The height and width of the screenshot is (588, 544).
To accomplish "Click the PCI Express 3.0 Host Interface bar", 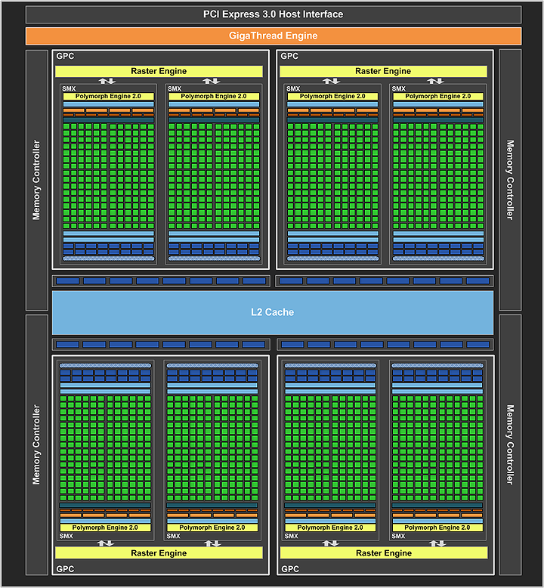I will click(273, 14).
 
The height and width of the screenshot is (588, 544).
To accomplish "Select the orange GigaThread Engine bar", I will click(273, 36).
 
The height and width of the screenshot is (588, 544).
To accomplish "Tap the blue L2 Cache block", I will click(273, 312).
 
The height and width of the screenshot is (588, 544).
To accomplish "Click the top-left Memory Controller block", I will click(36, 180).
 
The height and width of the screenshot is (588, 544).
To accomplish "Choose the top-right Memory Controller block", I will click(509, 180).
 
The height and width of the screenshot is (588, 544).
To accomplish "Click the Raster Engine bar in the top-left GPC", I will click(159, 71).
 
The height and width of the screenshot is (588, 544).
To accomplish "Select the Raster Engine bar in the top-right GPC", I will click(383, 71).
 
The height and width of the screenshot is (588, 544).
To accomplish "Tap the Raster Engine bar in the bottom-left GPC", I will click(159, 553).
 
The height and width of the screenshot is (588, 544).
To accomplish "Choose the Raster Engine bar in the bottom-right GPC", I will click(383, 553).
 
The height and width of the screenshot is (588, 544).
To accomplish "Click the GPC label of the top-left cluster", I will click(65, 56).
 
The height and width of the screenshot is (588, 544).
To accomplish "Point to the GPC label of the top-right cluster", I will click(289, 56).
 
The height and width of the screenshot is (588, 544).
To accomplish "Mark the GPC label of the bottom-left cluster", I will click(65, 569).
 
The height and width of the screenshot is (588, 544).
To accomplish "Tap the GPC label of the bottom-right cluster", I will click(289, 569).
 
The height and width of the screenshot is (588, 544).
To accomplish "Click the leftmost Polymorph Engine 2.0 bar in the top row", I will click(108, 96).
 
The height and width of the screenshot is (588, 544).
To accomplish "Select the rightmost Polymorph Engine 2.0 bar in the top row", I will click(437, 96).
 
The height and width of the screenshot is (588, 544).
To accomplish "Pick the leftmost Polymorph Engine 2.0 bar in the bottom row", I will click(106, 528).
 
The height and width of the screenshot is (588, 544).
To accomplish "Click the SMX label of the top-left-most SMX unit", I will click(70, 88).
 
